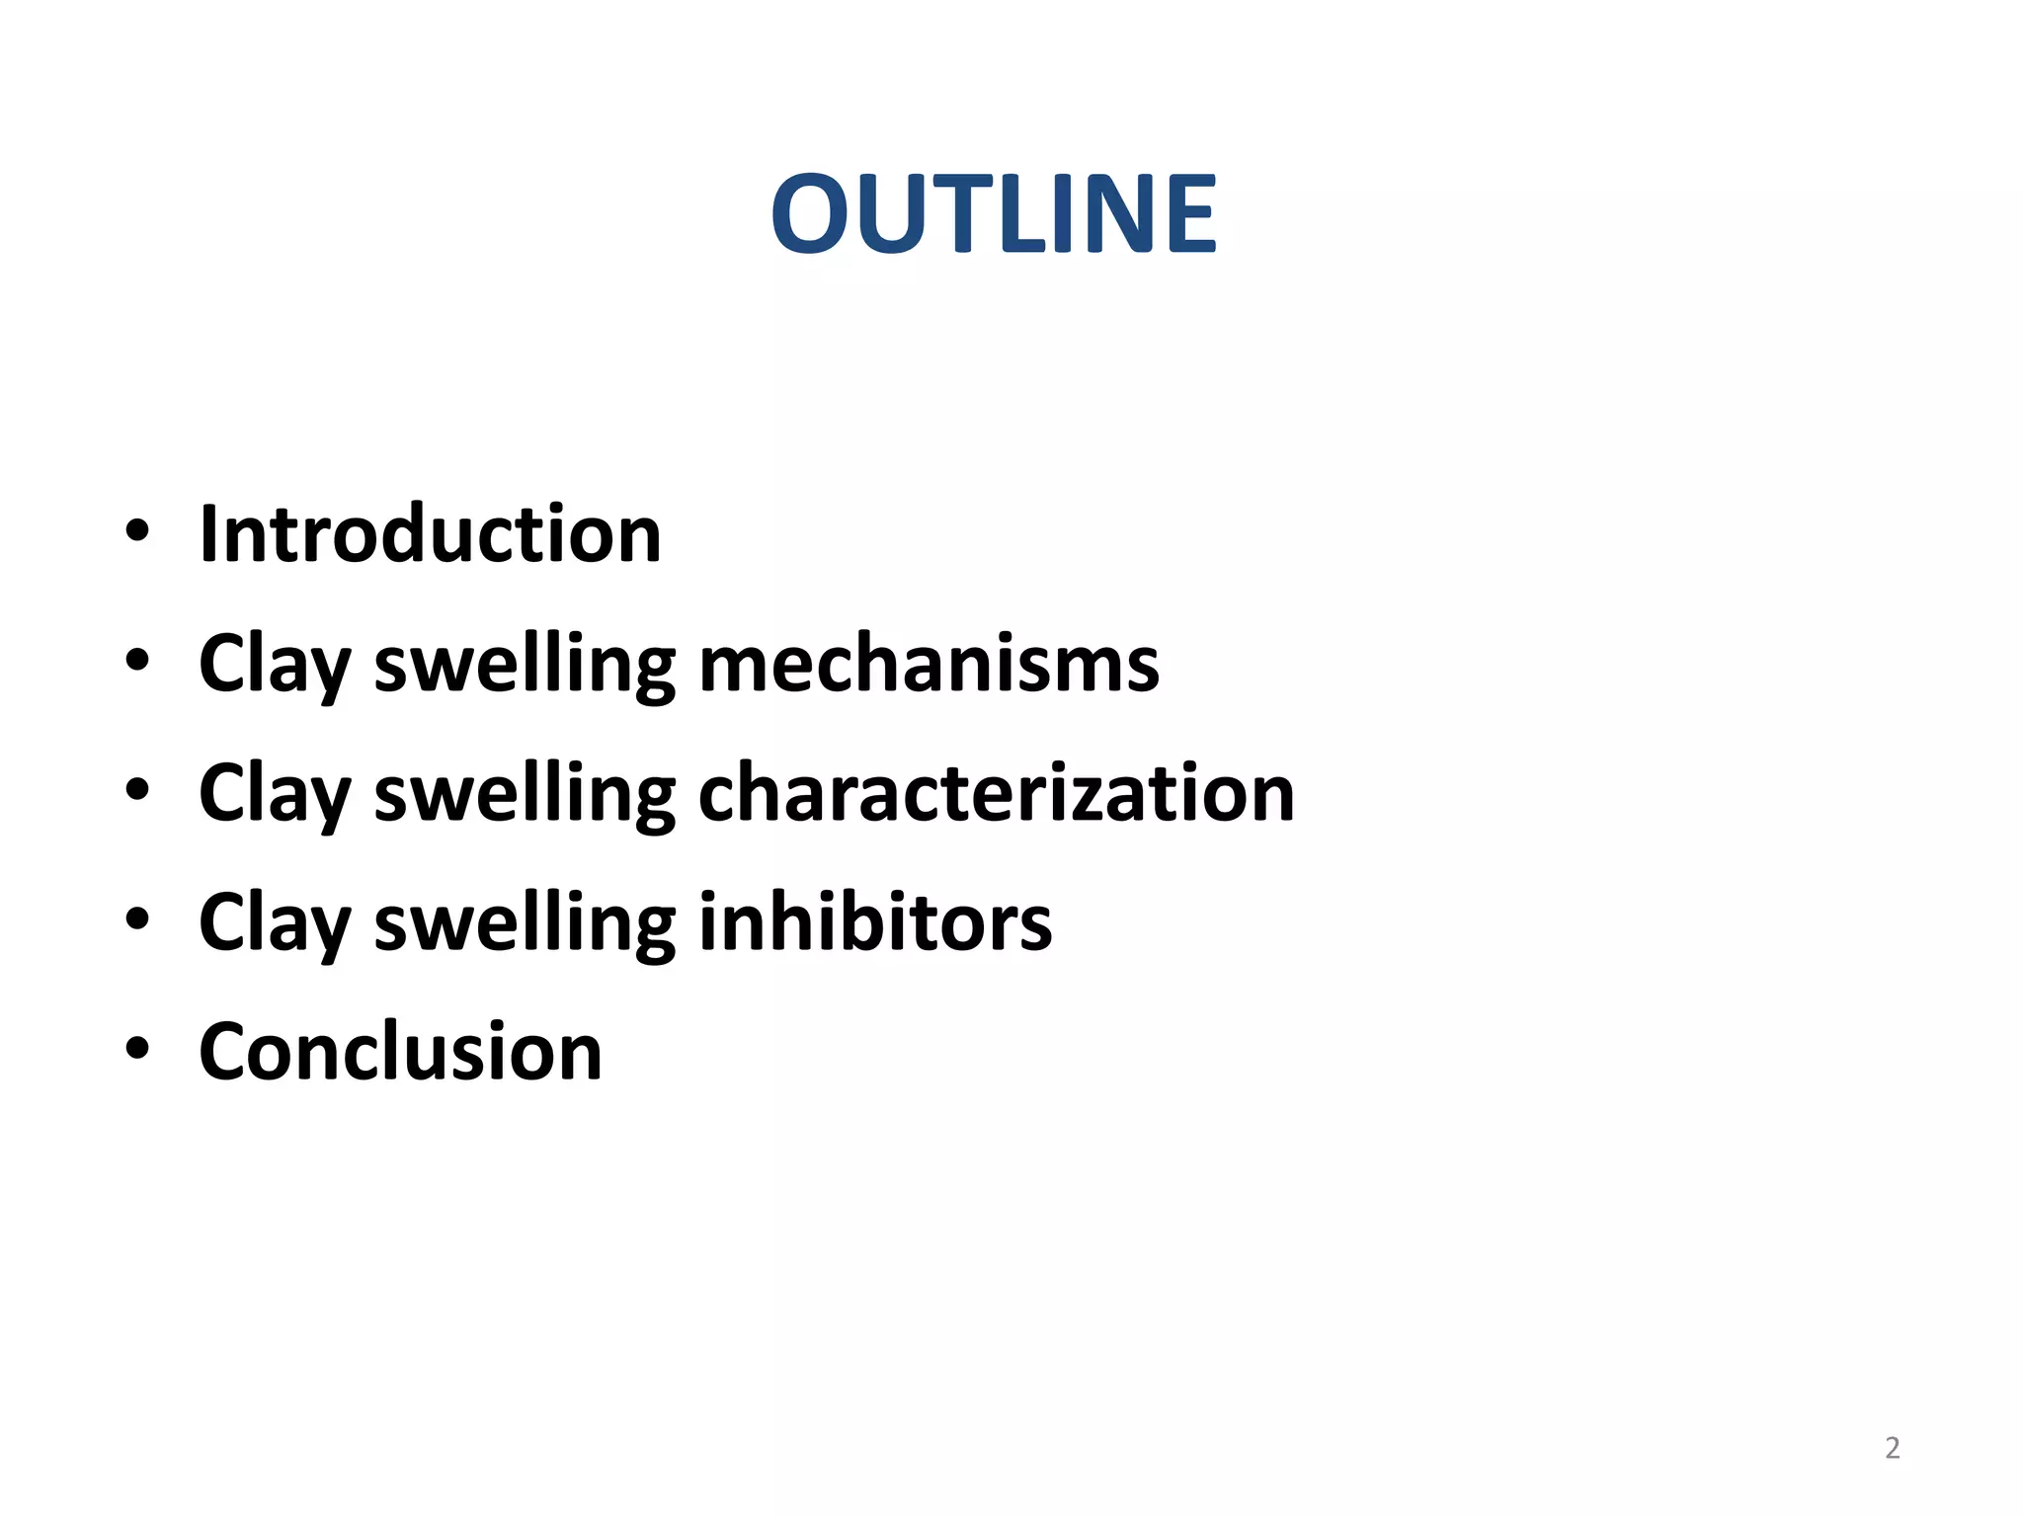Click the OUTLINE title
tap(994, 213)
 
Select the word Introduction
tap(430, 534)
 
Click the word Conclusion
tap(400, 1051)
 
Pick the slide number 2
tap(1892, 1448)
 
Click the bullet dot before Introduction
tap(137, 532)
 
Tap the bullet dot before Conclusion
tap(137, 1049)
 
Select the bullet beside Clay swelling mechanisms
tap(137, 662)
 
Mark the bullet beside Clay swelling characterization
tap(137, 790)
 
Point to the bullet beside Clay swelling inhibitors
tap(137, 919)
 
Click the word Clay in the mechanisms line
tap(275, 665)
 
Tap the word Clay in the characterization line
tap(275, 794)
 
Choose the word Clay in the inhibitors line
tap(275, 923)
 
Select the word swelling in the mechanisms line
tap(525, 665)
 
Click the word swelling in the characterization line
tap(525, 794)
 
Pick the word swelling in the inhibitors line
tap(525, 923)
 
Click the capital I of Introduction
tap(208, 534)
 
